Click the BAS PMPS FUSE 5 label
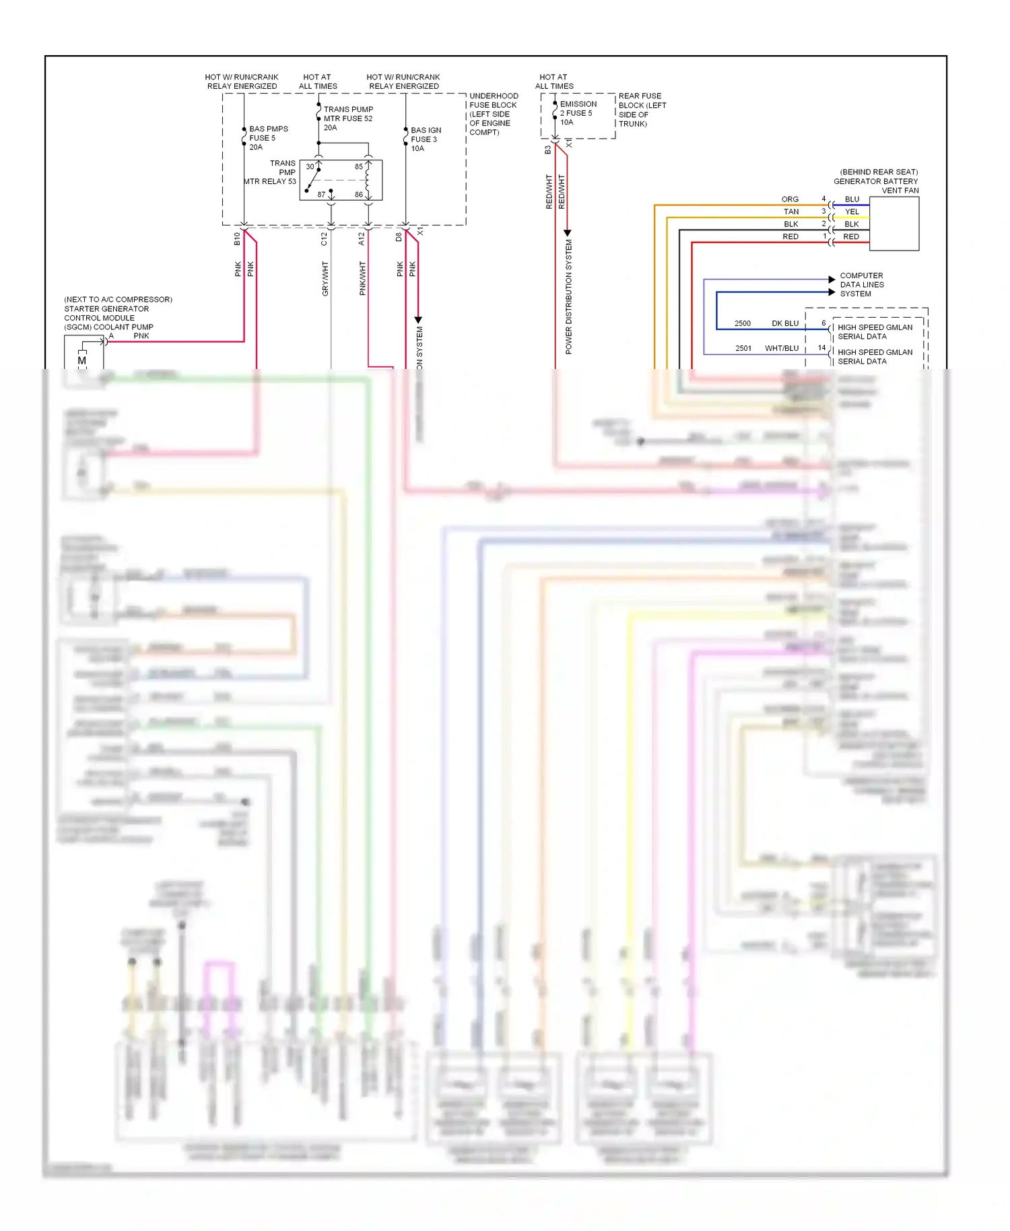point(267,138)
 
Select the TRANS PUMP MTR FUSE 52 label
point(347,119)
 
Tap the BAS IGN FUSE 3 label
point(426,139)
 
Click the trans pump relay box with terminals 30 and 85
point(341,180)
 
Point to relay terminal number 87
point(322,195)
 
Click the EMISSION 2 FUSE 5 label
point(578,113)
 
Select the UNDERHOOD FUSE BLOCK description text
point(493,114)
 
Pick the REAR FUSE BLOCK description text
point(642,110)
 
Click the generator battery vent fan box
point(894,224)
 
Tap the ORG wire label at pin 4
point(790,199)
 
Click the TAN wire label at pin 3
point(791,211)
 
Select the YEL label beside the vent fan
point(852,211)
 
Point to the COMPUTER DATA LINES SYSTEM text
point(861,285)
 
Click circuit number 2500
point(742,323)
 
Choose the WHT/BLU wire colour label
point(781,348)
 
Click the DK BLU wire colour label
point(784,323)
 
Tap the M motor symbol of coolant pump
point(82,361)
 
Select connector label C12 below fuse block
point(324,239)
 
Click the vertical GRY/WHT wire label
point(325,279)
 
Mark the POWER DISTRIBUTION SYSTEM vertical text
point(568,296)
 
